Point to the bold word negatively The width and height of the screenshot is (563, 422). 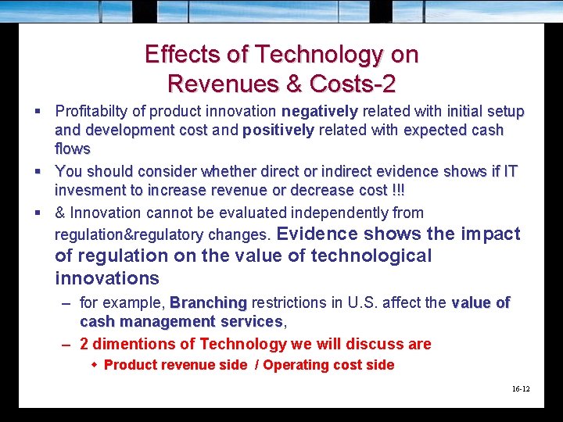tap(319, 112)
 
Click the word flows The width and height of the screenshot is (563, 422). tap(73, 148)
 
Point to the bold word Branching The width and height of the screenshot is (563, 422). tap(208, 302)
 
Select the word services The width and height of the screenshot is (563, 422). tap(250, 321)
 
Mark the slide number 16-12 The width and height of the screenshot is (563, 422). tap(521, 388)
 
